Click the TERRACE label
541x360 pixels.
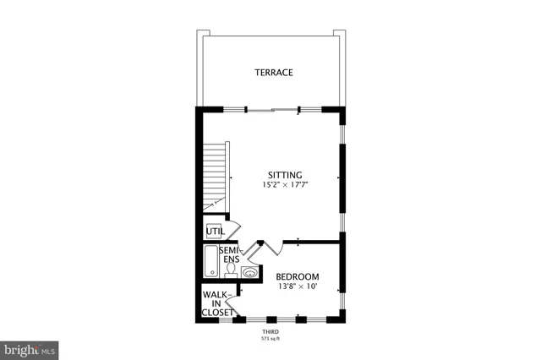point(274,73)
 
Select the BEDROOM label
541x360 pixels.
point(297,277)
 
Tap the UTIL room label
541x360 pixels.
point(215,232)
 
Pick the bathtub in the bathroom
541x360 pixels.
point(209,261)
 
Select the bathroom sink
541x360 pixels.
point(250,273)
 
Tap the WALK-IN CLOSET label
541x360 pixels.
point(216,303)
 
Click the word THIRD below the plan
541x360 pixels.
point(270,332)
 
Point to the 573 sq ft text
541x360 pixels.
point(270,340)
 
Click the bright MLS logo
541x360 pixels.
point(30,347)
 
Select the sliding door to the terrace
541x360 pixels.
point(272,108)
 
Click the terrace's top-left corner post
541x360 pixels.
point(203,34)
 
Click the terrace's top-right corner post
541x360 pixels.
point(340,34)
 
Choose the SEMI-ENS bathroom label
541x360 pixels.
point(228,254)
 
